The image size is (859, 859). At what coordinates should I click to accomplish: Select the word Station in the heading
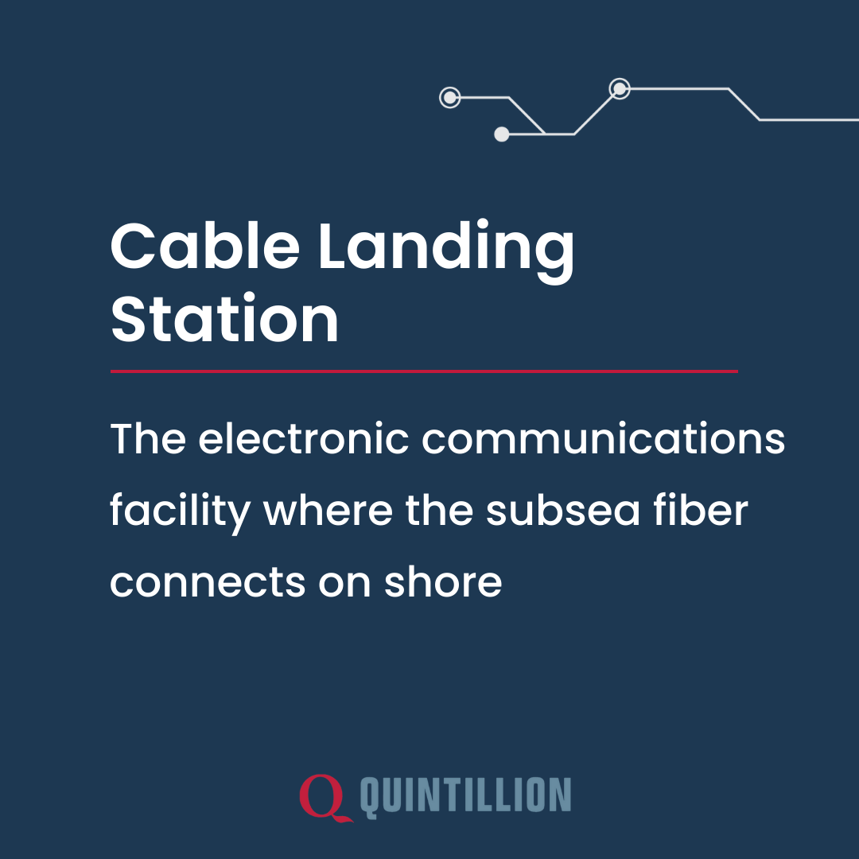[224, 320]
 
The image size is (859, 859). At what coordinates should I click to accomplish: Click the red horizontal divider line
[424, 371]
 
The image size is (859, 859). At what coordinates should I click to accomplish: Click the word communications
[603, 440]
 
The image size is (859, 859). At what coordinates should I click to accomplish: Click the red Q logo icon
[325, 797]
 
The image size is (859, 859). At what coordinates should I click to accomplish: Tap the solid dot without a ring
[502, 134]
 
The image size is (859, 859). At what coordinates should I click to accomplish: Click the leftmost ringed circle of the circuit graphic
[450, 98]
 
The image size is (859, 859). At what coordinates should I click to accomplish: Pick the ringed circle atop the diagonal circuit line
[620, 88]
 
